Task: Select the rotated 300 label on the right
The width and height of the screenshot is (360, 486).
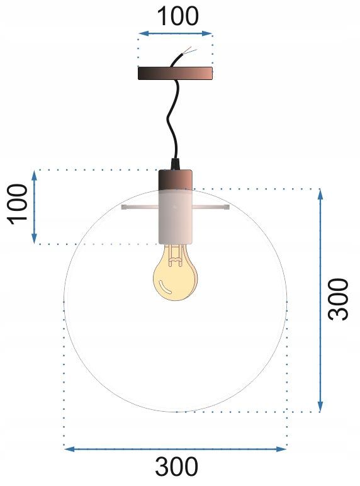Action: click(x=339, y=298)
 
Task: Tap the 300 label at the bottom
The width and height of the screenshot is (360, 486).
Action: click(x=176, y=467)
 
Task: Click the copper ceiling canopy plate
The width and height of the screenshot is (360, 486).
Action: click(x=176, y=73)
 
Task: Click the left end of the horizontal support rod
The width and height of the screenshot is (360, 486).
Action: click(x=124, y=206)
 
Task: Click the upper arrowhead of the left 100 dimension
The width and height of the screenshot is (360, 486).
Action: click(x=35, y=174)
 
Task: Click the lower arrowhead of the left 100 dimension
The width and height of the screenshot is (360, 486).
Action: click(x=35, y=239)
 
